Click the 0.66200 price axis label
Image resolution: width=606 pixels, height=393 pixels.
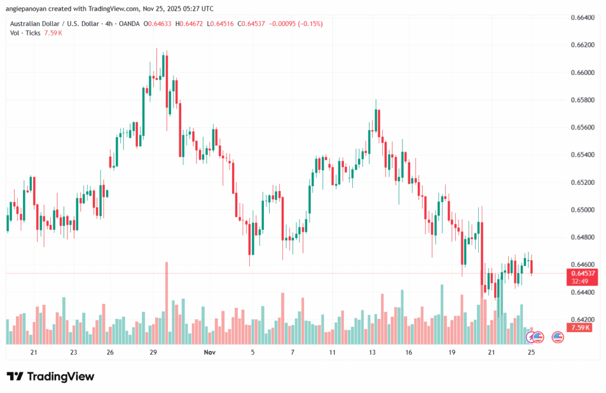coord(582,45)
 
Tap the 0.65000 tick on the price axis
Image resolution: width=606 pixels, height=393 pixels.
coord(582,210)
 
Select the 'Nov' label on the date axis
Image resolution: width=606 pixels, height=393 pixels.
coord(209,352)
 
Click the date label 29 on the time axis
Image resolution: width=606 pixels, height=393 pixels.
coord(153,352)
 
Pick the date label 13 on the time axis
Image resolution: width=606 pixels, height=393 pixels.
coord(372,352)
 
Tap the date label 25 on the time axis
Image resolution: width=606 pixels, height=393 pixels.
coord(531,352)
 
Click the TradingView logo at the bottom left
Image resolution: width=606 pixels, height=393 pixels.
coord(50,376)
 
